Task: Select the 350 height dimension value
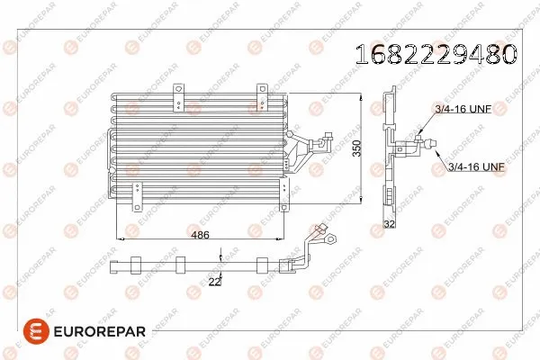point(356,148)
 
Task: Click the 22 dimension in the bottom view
point(214,281)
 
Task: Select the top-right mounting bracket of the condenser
point(263,89)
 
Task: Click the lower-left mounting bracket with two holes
point(138,193)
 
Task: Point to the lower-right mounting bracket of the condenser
point(284,190)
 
